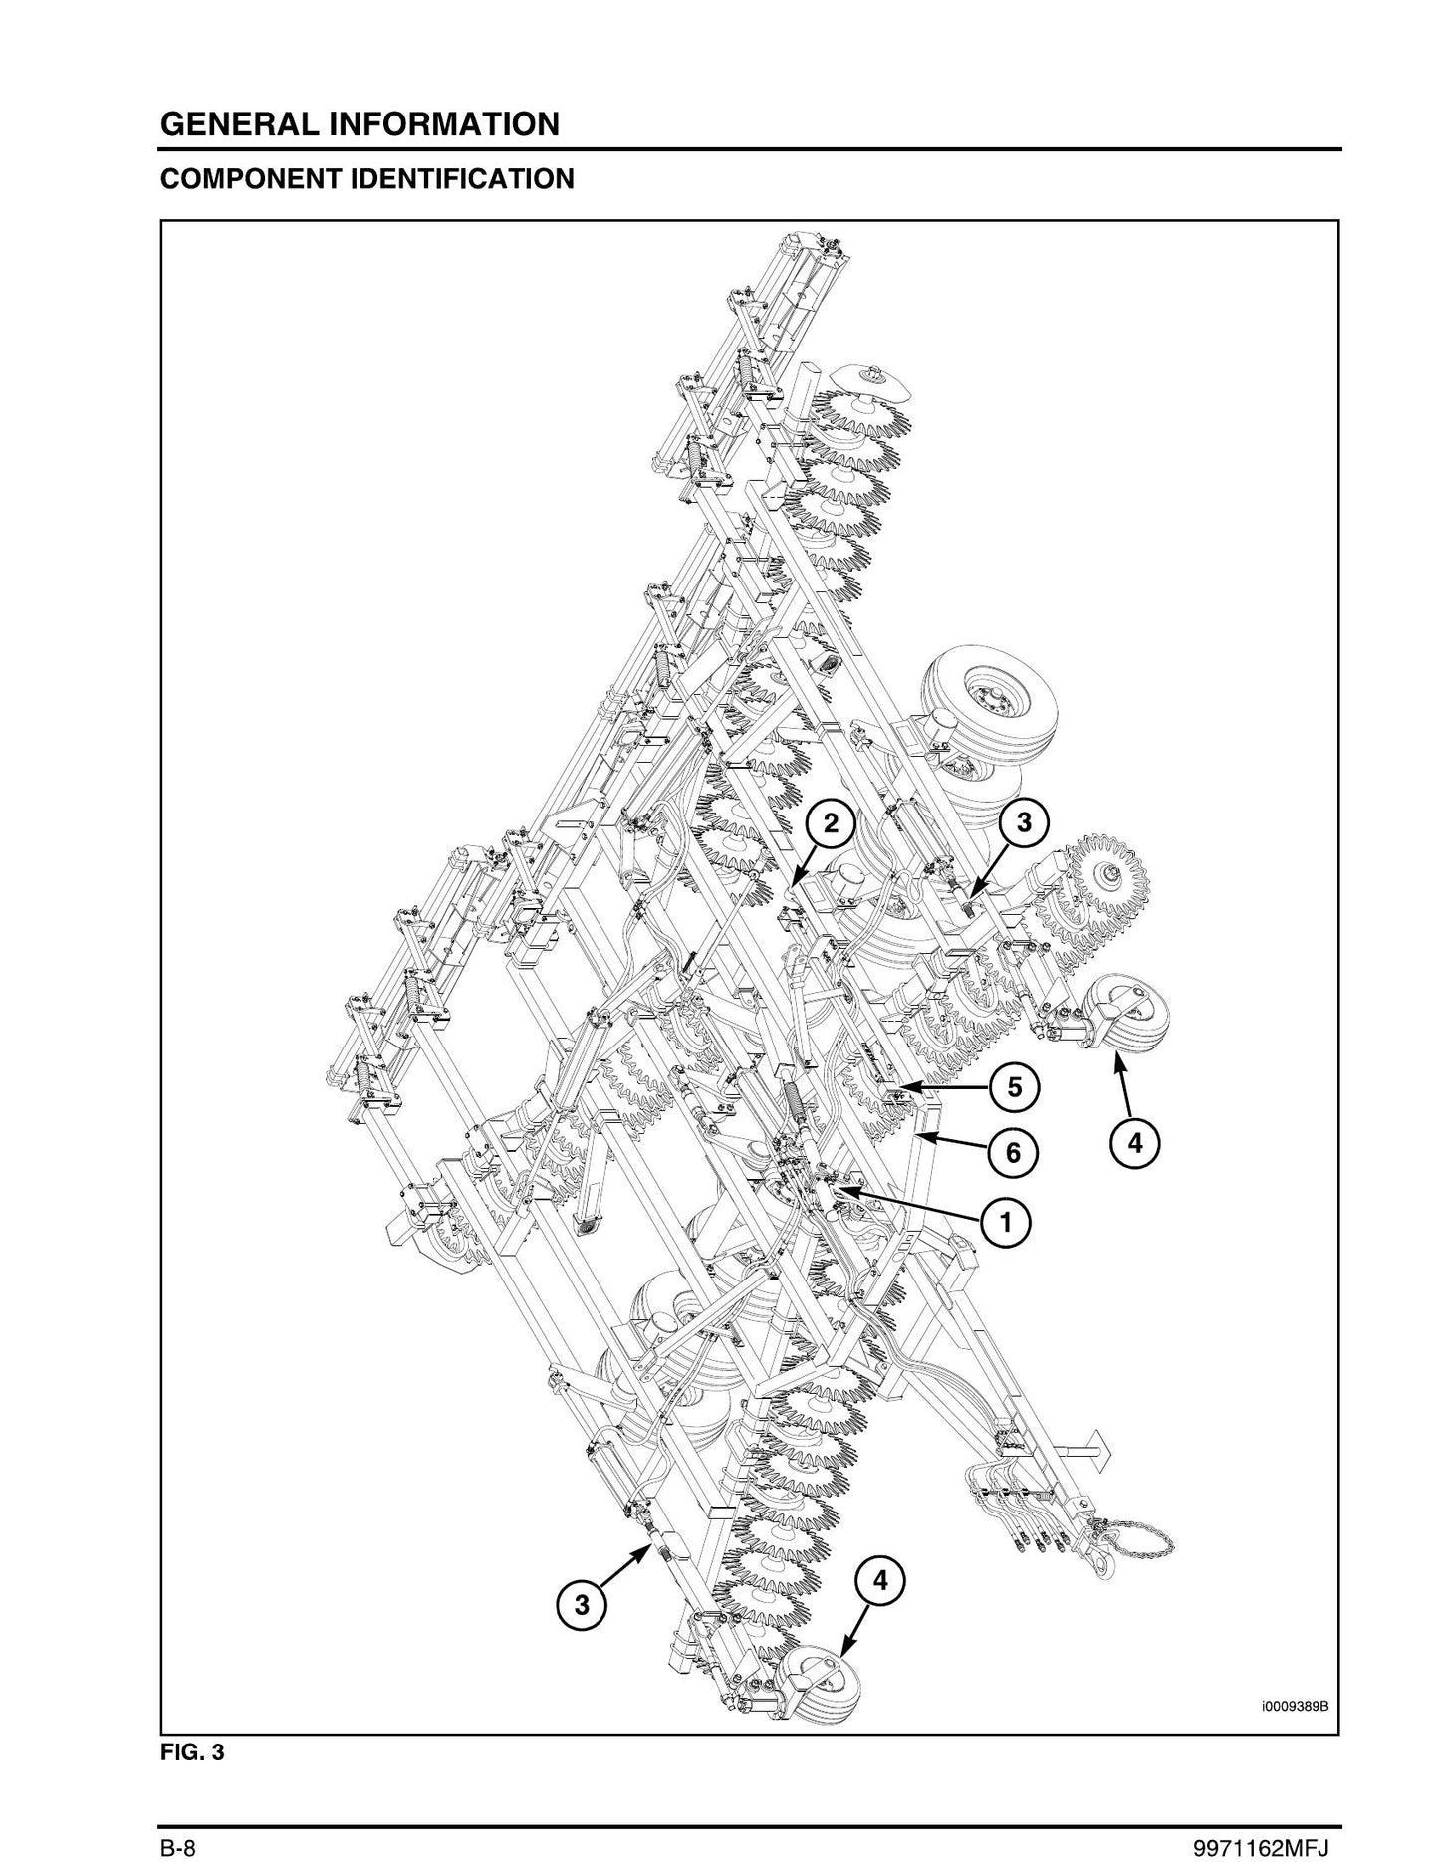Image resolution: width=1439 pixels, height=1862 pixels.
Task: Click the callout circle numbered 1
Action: point(1007,1221)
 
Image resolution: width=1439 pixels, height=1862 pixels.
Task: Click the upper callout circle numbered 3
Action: point(1025,822)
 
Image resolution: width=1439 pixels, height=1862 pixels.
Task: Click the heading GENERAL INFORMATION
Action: point(360,124)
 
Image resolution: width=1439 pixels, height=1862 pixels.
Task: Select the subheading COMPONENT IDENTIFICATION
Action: point(367,179)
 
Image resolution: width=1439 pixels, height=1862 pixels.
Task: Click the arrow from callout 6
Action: point(951,1143)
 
